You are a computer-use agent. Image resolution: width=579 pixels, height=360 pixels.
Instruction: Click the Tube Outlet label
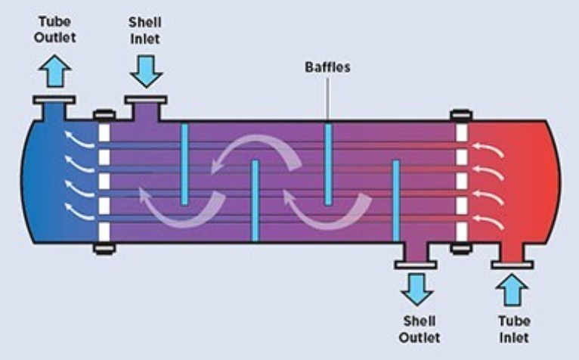[x=54, y=29]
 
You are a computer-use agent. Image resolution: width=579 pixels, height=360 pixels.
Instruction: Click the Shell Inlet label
[x=144, y=29]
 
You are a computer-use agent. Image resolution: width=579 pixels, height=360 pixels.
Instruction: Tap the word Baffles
[x=327, y=67]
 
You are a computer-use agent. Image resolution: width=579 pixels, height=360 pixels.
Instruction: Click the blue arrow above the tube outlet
[x=54, y=72]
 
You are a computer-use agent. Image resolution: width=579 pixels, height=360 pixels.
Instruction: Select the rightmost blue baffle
[x=395, y=199]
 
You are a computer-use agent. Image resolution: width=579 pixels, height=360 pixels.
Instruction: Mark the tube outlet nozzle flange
[x=54, y=100]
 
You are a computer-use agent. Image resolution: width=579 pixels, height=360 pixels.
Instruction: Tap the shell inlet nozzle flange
[x=145, y=100]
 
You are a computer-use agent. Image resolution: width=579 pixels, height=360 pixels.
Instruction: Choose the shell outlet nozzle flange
[x=416, y=265]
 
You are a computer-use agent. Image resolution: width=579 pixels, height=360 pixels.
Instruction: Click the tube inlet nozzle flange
[x=512, y=265]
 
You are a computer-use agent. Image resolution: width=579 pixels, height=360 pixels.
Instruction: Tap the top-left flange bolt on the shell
[x=104, y=116]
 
